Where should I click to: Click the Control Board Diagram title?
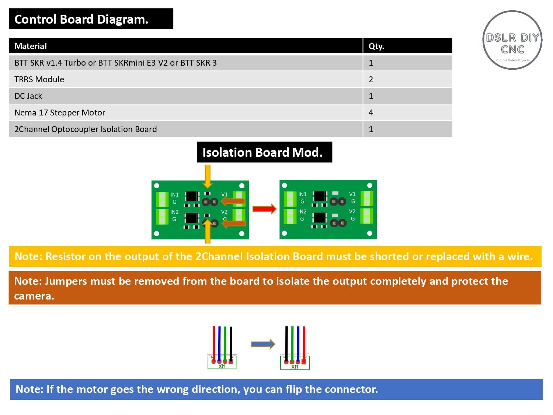[x=81, y=19]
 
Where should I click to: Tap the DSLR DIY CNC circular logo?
[x=512, y=40]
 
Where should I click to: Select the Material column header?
[x=31, y=46]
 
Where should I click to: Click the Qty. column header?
[x=376, y=46]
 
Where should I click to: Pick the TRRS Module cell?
[x=39, y=79]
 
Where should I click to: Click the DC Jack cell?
[x=28, y=96]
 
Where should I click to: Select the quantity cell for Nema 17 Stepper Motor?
[x=371, y=113]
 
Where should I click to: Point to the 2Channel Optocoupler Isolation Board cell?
[x=86, y=129]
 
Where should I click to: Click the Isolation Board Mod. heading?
[x=262, y=152]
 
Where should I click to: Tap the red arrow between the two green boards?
[x=264, y=209]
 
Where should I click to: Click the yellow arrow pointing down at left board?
[x=208, y=176]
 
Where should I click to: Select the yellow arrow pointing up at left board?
[x=208, y=231]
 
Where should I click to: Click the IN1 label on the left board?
[x=174, y=195]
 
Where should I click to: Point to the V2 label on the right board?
[x=352, y=211]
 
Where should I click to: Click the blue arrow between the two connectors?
[x=263, y=344]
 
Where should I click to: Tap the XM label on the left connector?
[x=222, y=366]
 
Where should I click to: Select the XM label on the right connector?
[x=295, y=367]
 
